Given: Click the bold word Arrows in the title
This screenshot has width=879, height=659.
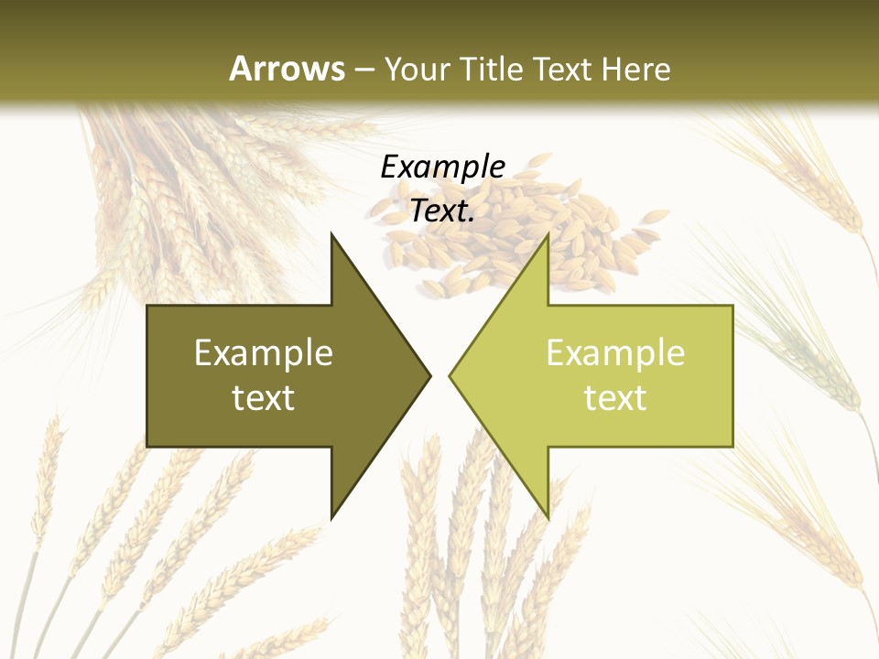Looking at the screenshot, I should tap(287, 69).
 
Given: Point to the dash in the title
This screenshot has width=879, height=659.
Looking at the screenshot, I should tap(364, 70).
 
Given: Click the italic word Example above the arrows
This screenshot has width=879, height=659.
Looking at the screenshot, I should tap(442, 167).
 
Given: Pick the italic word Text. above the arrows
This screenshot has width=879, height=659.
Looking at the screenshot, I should tap(442, 211).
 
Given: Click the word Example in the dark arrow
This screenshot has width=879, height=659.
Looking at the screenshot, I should tap(264, 353).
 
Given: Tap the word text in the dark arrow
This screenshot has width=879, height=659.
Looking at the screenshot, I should tap(264, 398).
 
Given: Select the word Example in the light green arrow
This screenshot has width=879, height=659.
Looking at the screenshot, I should tap(615, 353).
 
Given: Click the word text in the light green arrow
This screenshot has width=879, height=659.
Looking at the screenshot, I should tap(615, 398).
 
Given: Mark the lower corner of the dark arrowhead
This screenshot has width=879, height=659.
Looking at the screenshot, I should tap(331, 517).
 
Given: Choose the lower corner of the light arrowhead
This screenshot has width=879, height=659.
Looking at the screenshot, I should tap(548, 517).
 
